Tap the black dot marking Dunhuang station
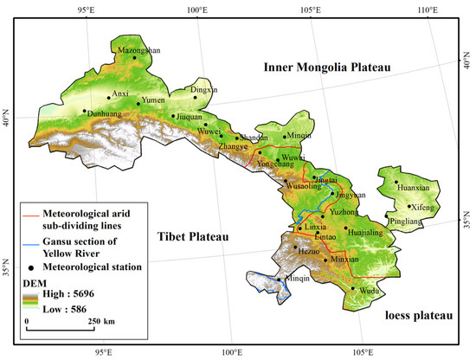(x=84, y=111)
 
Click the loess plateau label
(x=418, y=317)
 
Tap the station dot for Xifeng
(x=409, y=206)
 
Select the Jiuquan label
(x=189, y=116)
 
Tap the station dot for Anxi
(x=109, y=98)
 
